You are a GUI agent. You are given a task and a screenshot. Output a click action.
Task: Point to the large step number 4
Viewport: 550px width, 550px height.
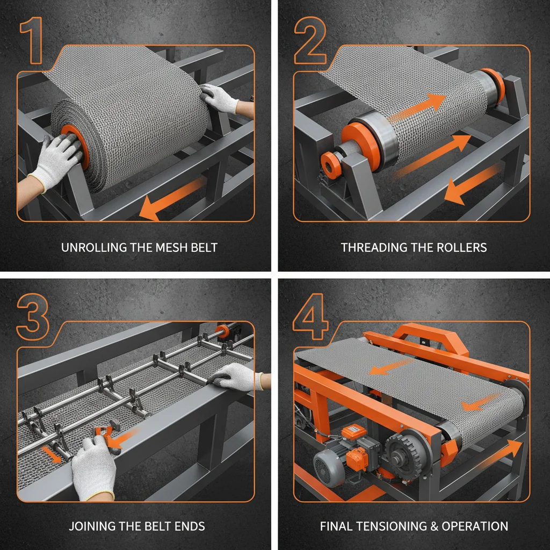point(310,317)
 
